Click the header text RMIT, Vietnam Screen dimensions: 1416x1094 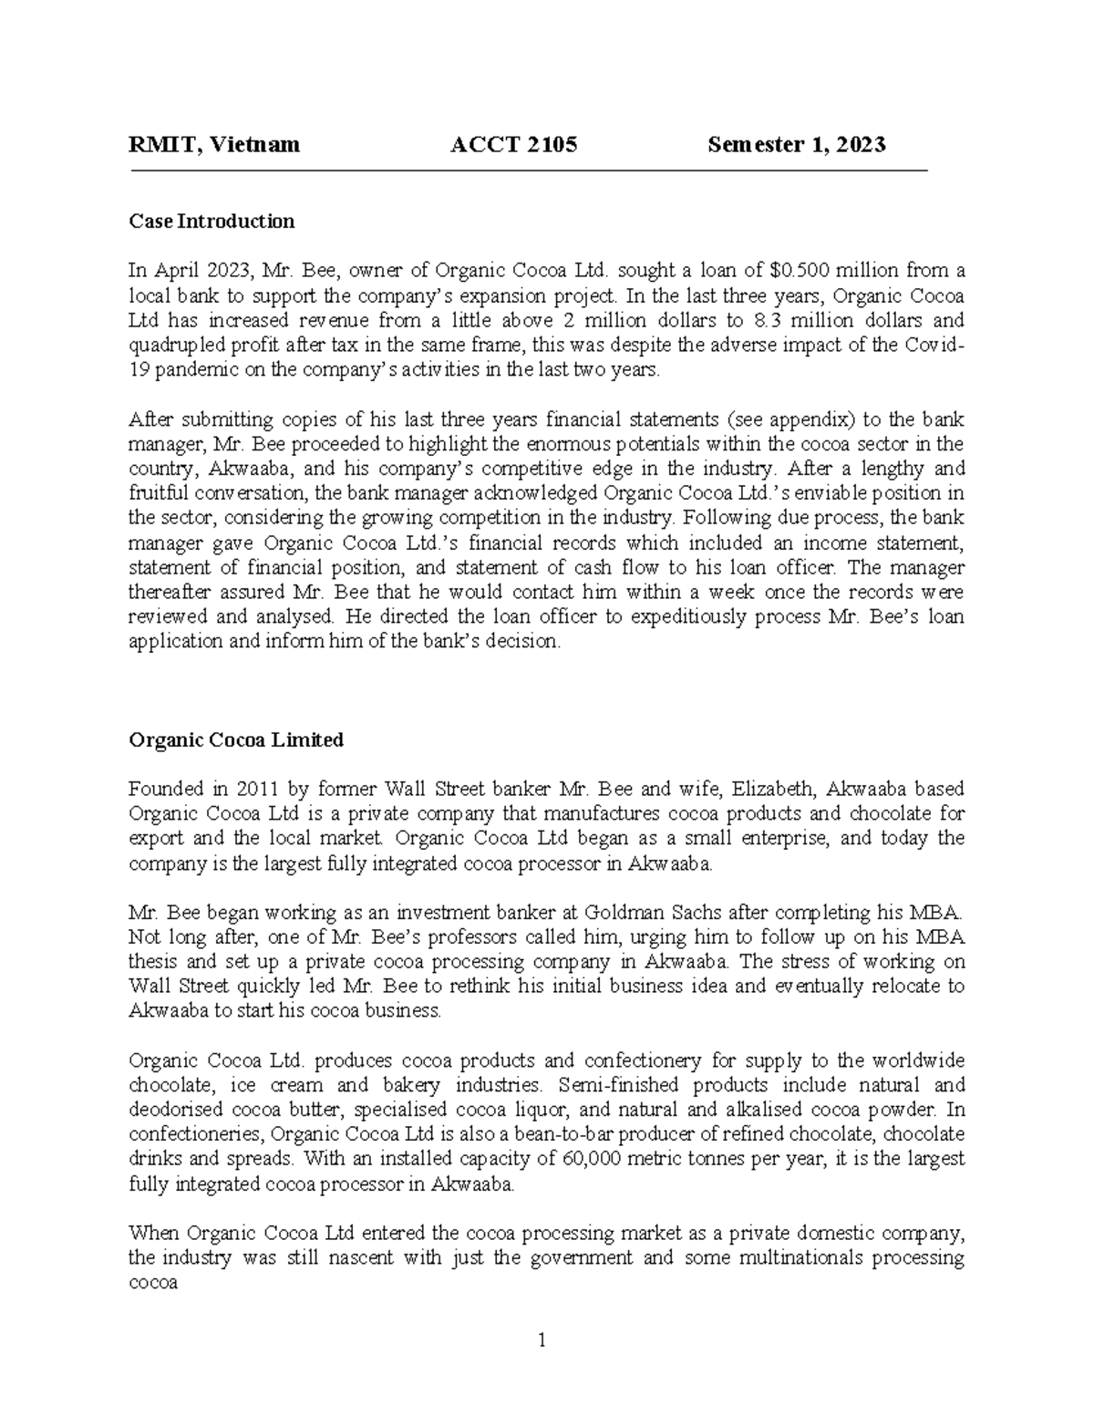pyautogui.click(x=214, y=144)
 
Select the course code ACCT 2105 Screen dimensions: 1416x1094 pyautogui.click(x=514, y=144)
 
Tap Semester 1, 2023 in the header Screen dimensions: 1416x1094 pyautogui.click(x=797, y=144)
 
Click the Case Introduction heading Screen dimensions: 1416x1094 pyautogui.click(x=212, y=221)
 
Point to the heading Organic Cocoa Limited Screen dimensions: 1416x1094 pyautogui.click(x=236, y=739)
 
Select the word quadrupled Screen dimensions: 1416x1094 pyautogui.click(x=172, y=346)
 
